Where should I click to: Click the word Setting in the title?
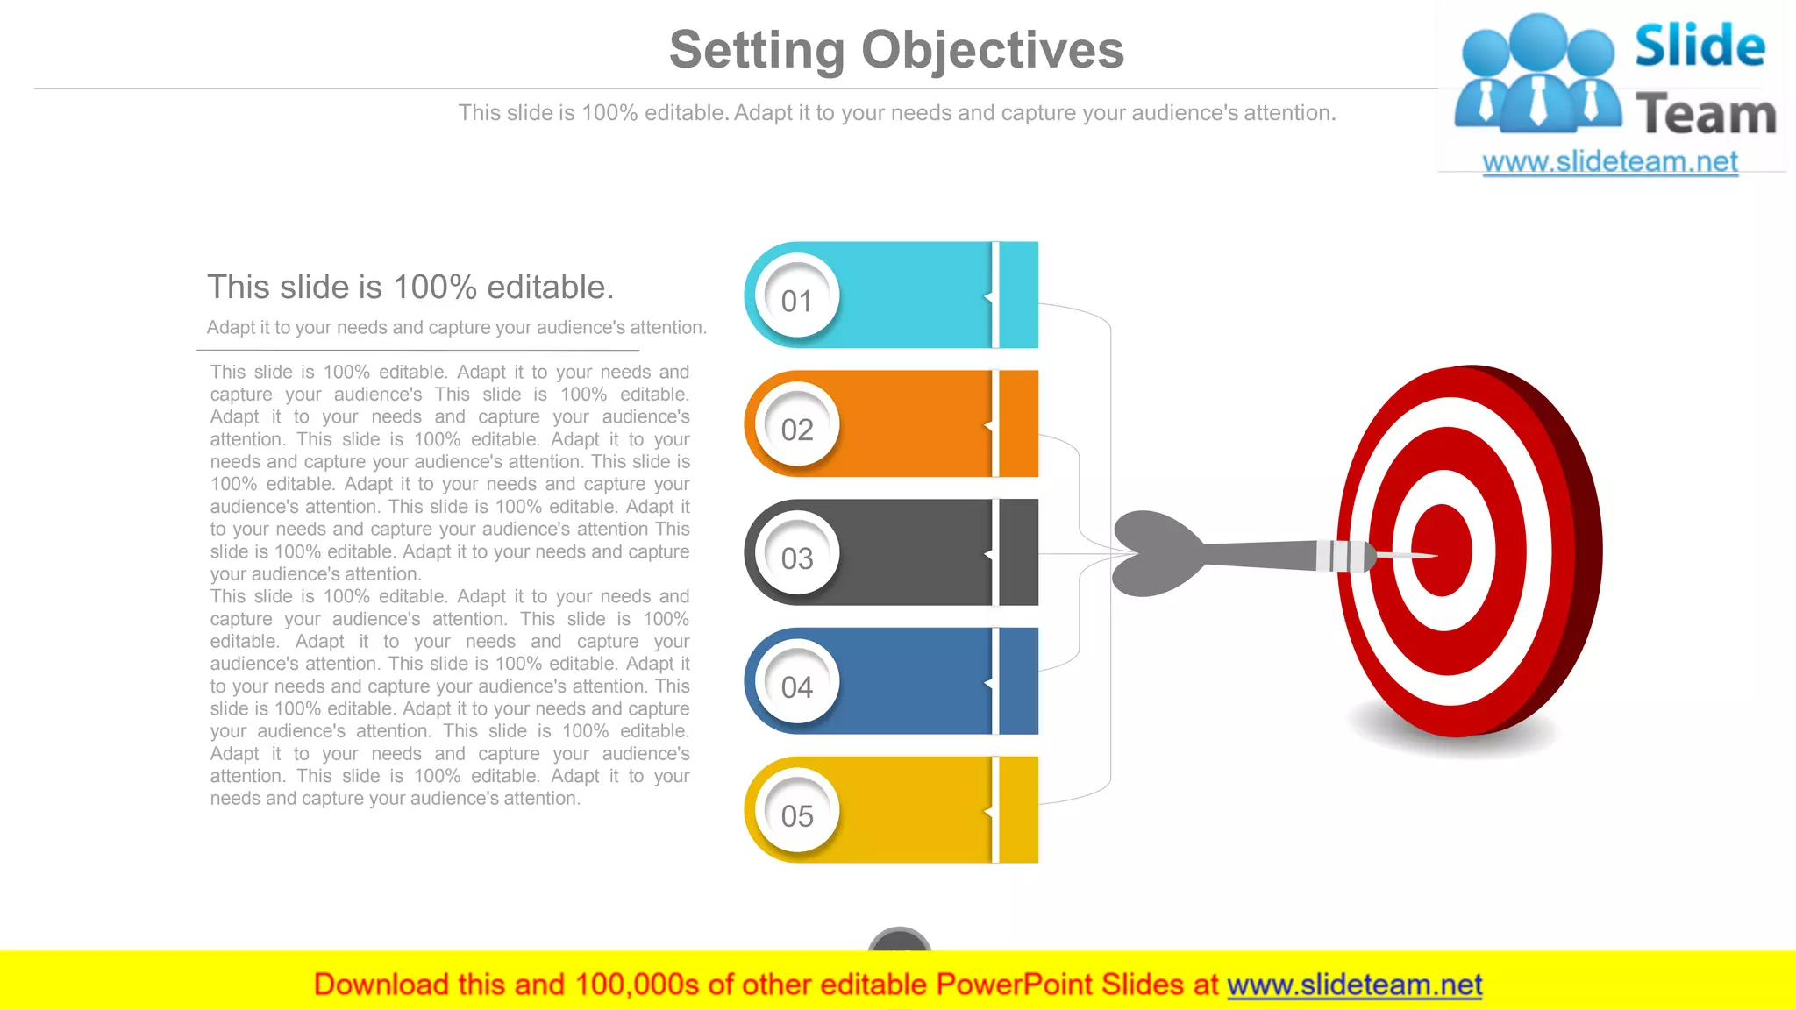757,49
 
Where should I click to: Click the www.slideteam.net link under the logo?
1609,162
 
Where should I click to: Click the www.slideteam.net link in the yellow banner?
1354,985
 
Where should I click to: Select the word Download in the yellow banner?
381,985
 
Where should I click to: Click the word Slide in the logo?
1699,46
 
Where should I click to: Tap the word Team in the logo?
1706,114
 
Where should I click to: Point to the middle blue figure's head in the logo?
1539,39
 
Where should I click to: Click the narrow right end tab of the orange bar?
1019,424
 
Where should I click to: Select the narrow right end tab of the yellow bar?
1019,810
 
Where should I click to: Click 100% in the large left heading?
434,287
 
